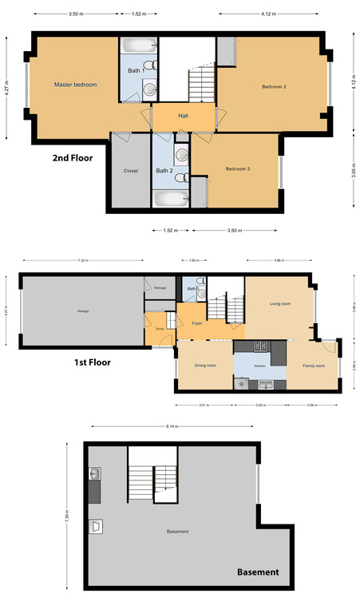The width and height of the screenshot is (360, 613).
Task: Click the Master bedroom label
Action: click(75, 84)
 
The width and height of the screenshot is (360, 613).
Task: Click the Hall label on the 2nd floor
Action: click(183, 117)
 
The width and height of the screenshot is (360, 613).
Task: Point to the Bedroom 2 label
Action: click(274, 86)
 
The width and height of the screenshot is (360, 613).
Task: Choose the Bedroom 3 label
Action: click(237, 168)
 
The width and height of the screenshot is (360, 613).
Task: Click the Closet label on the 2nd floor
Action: click(131, 171)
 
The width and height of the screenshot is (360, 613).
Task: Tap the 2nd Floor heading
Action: click(73, 158)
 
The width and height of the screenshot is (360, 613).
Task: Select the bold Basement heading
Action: click(258, 571)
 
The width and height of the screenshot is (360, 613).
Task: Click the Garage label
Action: click(82, 310)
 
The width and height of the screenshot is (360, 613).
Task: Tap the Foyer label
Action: click(197, 322)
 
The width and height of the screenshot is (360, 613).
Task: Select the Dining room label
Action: click(205, 366)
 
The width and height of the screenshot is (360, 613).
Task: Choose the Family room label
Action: click(313, 366)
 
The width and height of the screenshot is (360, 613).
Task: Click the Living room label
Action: click(279, 303)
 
